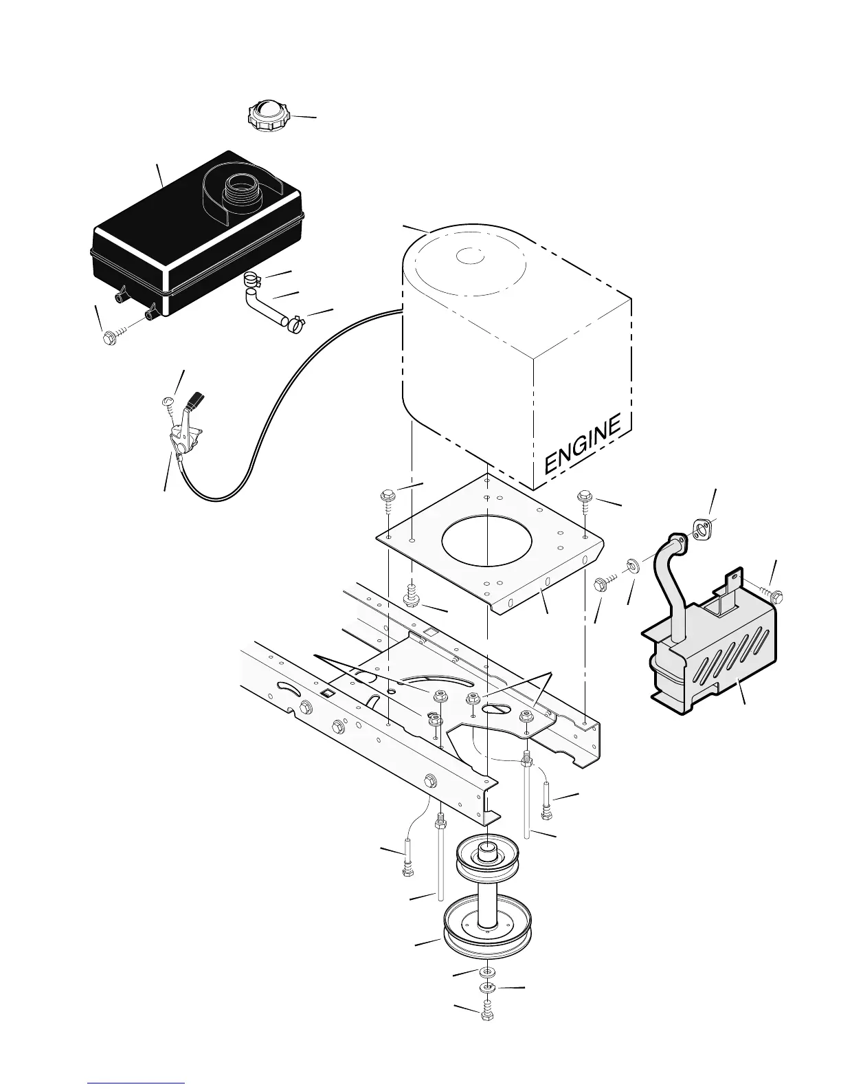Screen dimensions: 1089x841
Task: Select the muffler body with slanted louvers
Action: click(x=715, y=660)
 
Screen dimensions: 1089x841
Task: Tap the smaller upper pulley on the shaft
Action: click(x=488, y=859)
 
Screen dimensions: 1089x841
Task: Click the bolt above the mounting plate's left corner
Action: click(x=386, y=499)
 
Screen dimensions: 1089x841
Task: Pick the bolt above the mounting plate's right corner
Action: click(x=585, y=499)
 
